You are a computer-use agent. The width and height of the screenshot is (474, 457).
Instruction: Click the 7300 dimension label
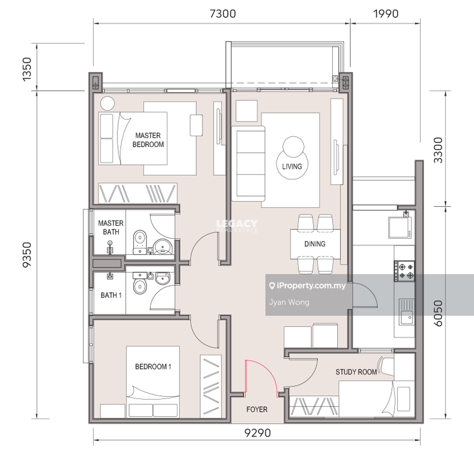pos(223,14)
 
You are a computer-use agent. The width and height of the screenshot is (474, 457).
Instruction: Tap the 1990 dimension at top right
pos(386,14)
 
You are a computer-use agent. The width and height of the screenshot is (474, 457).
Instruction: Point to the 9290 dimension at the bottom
pos(258,433)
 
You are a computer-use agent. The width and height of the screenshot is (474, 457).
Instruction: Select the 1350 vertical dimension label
pos(27,69)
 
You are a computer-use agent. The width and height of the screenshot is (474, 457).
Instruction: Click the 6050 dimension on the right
pos(438,313)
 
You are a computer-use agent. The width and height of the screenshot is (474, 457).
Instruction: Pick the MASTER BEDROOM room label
pos(148,140)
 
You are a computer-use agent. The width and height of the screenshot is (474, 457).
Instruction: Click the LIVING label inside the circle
pos(292,167)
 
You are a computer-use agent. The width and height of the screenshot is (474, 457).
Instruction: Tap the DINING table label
pos(315,244)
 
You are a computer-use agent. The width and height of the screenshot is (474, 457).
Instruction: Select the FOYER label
pos(257,409)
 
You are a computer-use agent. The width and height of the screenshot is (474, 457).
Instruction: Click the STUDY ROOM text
pos(356,372)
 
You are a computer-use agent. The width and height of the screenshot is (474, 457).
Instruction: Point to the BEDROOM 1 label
pos(153,366)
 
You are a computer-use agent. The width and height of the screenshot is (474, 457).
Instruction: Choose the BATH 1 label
pos(111,295)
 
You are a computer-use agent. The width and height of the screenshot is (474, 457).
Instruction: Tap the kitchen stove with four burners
pos(404,271)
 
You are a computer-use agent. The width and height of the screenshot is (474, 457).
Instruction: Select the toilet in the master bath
pos(140,242)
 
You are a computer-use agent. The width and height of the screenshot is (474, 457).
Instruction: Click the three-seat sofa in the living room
pos(249,163)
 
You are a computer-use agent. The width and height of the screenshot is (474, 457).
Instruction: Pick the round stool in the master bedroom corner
pos(107,103)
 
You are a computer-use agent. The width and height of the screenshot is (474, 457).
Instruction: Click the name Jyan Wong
pos(289,302)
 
